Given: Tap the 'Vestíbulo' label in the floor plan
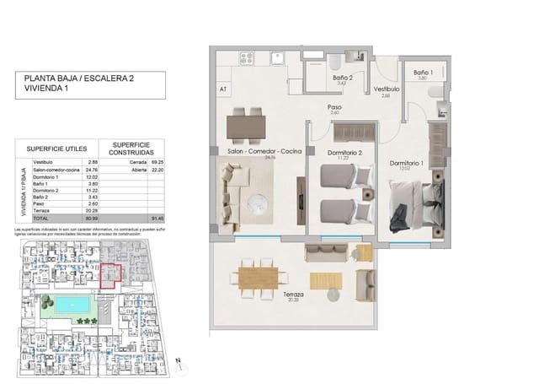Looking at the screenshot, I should pyautogui.click(x=386, y=89).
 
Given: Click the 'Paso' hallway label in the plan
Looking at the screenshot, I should pyautogui.click(x=334, y=108).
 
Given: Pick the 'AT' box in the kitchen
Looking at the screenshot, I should pyautogui.click(x=223, y=88).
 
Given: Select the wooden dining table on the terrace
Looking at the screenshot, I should pyautogui.click(x=259, y=275).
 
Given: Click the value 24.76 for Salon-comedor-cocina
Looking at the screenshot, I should pyautogui.click(x=93, y=169).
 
